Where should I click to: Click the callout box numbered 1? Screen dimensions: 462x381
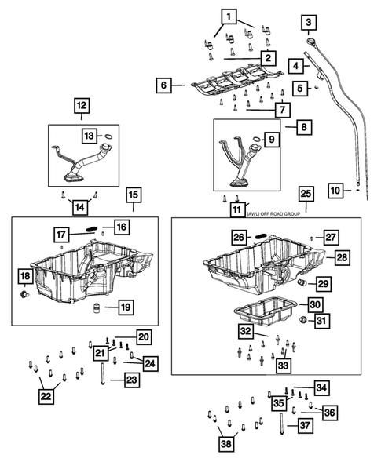tap(229, 16)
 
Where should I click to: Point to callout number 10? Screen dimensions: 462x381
tap(335, 190)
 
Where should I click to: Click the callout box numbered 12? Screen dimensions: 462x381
tap(82, 104)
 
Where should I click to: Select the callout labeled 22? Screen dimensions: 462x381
tap(46, 397)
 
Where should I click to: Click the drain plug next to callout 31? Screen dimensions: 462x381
tap(304, 320)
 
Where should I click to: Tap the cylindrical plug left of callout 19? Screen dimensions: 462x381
tap(96, 306)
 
